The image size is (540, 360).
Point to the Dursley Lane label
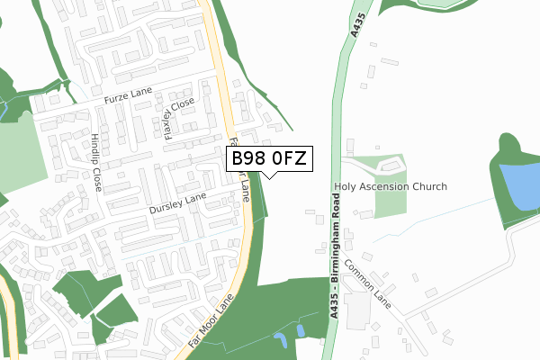click(177, 203)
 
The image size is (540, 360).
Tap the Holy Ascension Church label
click(390, 187)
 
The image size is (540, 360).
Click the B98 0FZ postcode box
click(269, 158)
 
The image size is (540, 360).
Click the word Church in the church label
click(426, 187)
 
